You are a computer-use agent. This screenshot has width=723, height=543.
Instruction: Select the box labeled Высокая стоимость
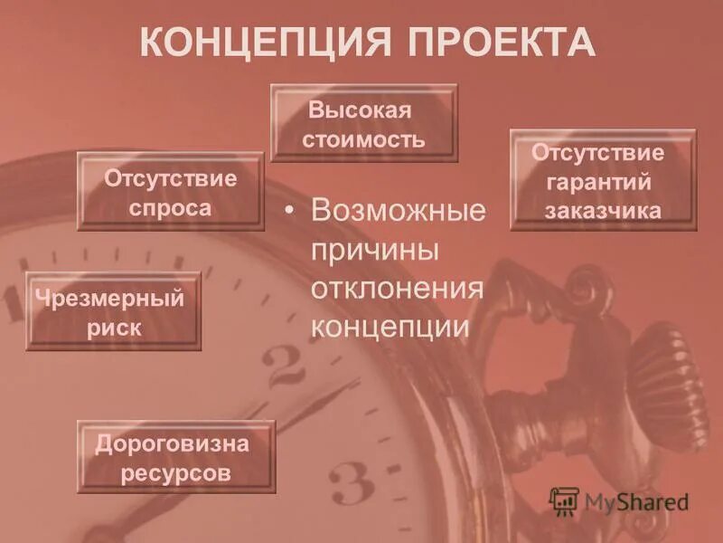pos(364,123)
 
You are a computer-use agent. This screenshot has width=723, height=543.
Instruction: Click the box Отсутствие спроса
pos(170,192)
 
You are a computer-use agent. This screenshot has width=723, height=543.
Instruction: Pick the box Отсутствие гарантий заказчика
pos(603,180)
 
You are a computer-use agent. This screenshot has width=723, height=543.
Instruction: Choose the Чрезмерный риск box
pos(113,311)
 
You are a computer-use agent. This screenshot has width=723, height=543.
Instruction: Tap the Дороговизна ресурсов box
pos(175,457)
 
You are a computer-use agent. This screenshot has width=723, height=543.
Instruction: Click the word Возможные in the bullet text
pos(398,212)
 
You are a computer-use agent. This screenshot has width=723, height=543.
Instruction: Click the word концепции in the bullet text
pos(390,326)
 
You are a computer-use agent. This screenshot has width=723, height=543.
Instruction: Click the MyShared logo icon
pos(564,500)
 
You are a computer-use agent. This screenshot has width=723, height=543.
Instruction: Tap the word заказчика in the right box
pos(603,211)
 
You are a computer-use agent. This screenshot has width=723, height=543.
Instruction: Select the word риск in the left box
pos(114,328)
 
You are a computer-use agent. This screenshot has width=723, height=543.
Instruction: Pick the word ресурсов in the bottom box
pos(175,472)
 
